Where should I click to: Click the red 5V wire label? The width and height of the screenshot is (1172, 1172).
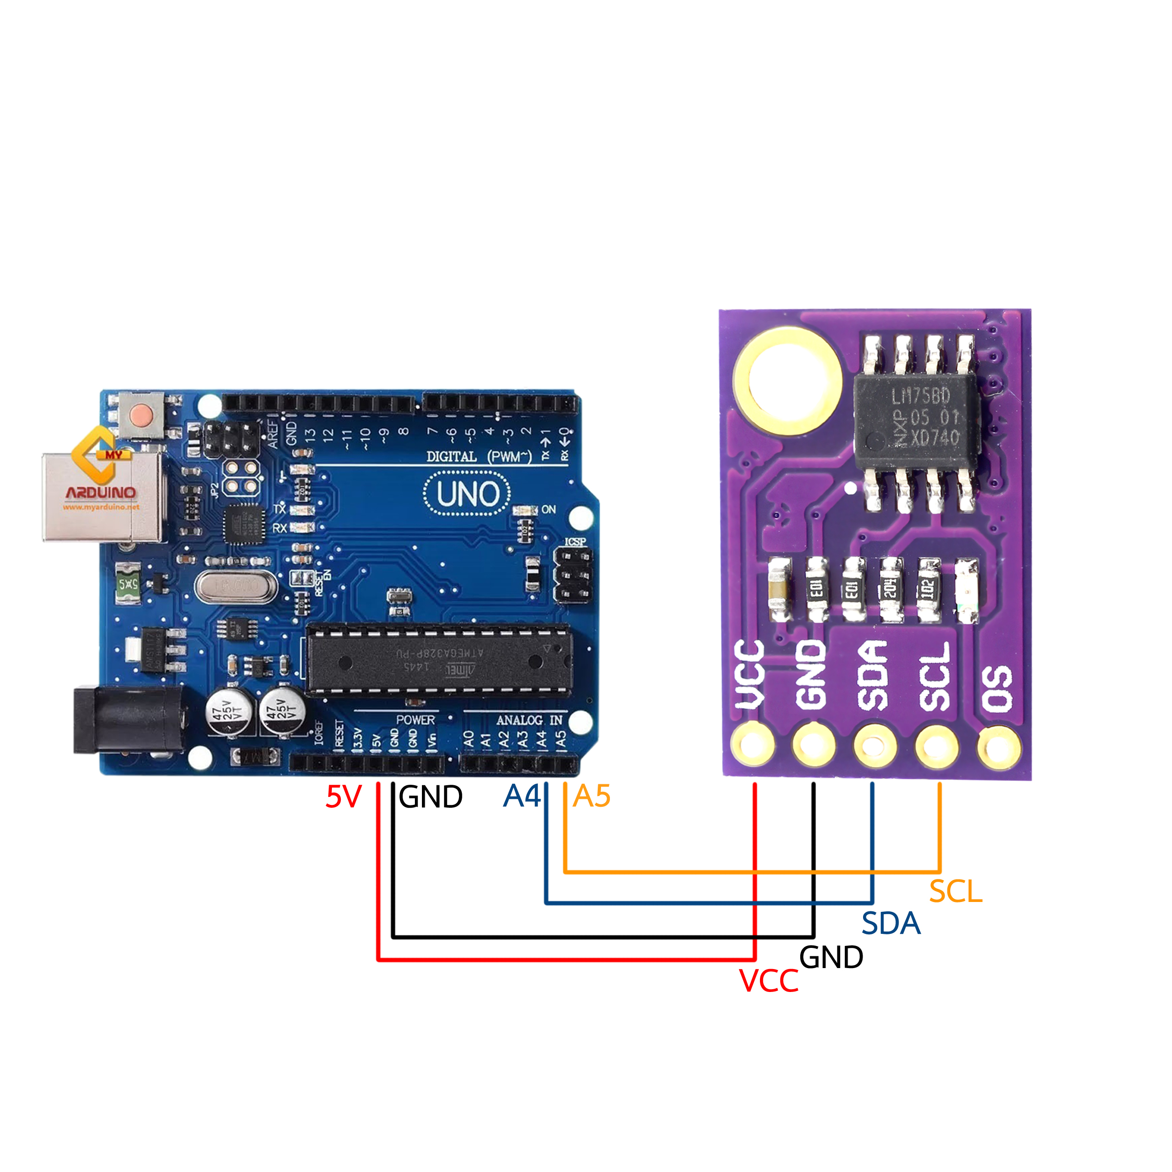coord(343,796)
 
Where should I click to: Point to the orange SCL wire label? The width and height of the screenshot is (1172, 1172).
coord(955,891)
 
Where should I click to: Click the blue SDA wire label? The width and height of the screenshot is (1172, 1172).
coord(891,923)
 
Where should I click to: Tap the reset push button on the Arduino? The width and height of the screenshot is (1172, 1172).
coord(142,415)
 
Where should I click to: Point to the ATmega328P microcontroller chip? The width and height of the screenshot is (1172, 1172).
coord(439,658)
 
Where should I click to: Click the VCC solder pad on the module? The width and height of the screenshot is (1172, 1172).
coord(753,744)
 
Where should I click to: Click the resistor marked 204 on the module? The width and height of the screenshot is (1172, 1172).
coord(891,589)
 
